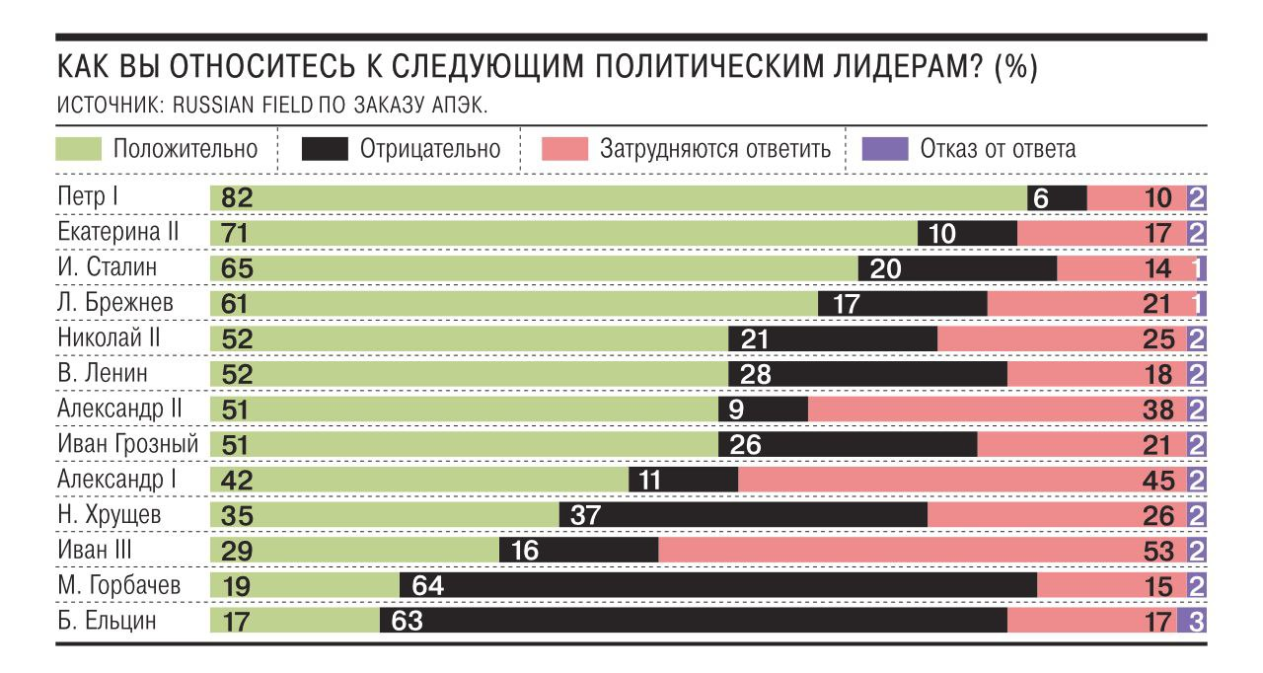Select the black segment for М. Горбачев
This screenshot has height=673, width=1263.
coord(717,586)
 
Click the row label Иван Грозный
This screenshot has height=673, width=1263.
coord(127,445)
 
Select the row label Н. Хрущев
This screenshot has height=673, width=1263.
coord(108,515)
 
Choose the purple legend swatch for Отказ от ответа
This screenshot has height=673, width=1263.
coord(884,150)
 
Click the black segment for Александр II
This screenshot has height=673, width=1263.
coord(763,410)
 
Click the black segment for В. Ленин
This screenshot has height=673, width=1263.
coord(867,374)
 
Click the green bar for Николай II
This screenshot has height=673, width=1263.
coord(469,339)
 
